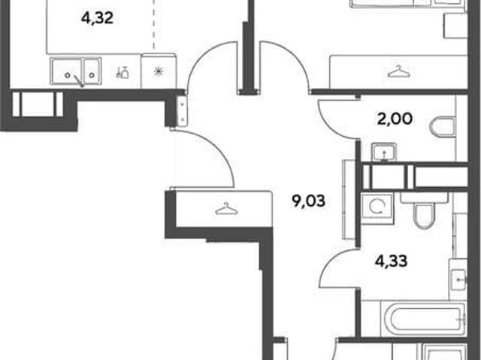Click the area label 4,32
click(97, 18)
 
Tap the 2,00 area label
click(395, 119)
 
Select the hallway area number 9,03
click(308, 201)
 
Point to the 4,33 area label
click(392, 262)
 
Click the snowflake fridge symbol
click(159, 72)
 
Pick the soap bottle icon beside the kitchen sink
click(123, 72)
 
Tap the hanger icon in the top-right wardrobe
click(398, 71)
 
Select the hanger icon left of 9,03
click(226, 209)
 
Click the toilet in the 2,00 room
click(443, 126)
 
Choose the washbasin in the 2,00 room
click(384, 153)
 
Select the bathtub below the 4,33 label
click(423, 319)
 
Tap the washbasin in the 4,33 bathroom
click(458, 280)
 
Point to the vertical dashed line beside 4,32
click(153, 25)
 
